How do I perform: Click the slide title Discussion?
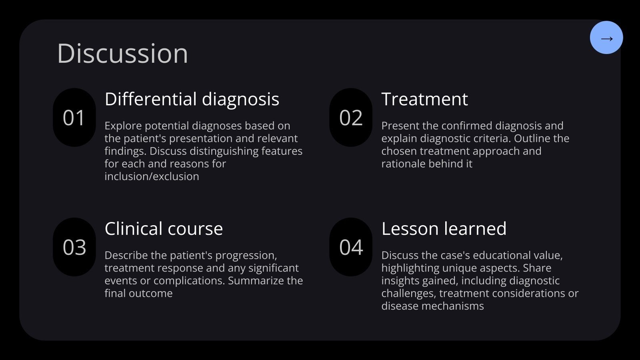click(x=122, y=53)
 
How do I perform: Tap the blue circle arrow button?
click(x=606, y=38)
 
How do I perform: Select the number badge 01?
click(x=74, y=118)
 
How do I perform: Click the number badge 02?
click(x=351, y=118)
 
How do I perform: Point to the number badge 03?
click(x=74, y=247)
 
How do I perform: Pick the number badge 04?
click(x=351, y=247)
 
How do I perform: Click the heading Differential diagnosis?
click(x=192, y=99)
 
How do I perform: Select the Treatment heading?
click(x=424, y=99)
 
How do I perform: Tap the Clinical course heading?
click(x=164, y=229)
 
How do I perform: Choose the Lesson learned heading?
click(x=444, y=229)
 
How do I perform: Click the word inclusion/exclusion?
click(x=152, y=176)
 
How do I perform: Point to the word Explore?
click(x=123, y=126)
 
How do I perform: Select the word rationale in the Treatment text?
click(x=403, y=164)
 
